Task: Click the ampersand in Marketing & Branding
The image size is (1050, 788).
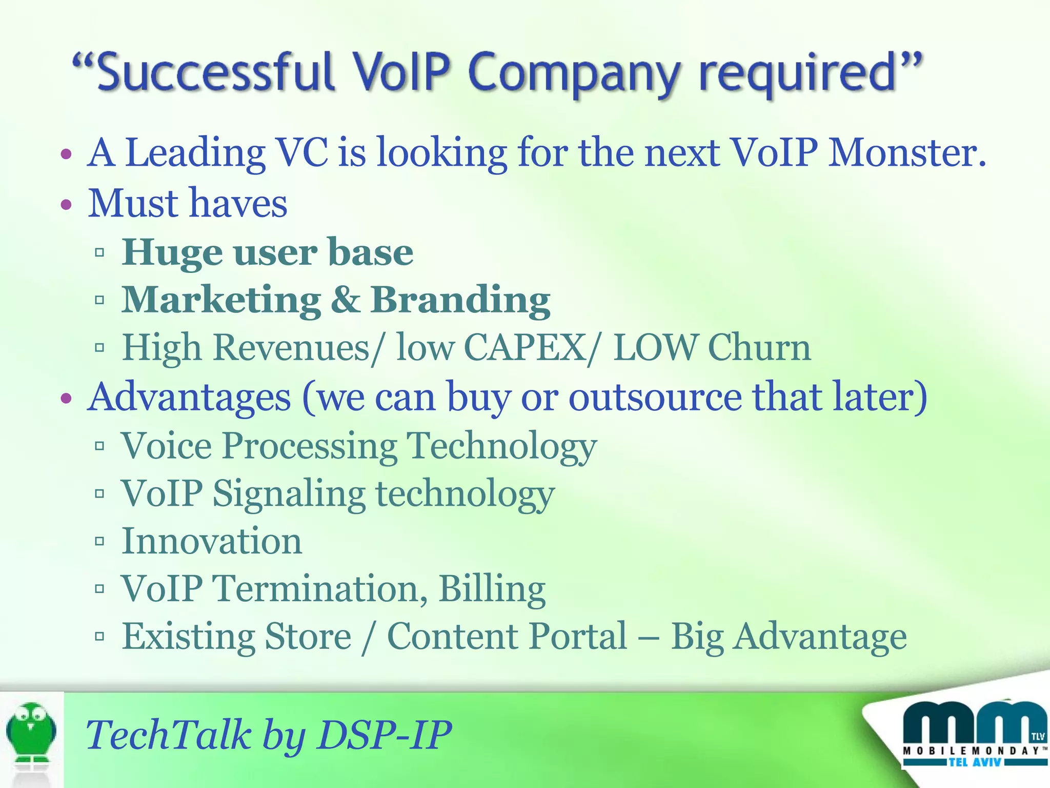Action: pyautogui.click(x=346, y=300)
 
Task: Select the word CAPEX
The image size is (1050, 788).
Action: pyautogui.click(x=525, y=348)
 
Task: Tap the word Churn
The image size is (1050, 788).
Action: pyautogui.click(x=759, y=348)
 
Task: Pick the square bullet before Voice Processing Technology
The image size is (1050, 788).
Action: pyautogui.click(x=99, y=446)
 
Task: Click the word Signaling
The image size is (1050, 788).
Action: pyautogui.click(x=289, y=494)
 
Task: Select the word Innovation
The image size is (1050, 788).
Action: pyautogui.click(x=212, y=541)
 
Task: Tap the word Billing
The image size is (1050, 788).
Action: pyautogui.click(x=492, y=589)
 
